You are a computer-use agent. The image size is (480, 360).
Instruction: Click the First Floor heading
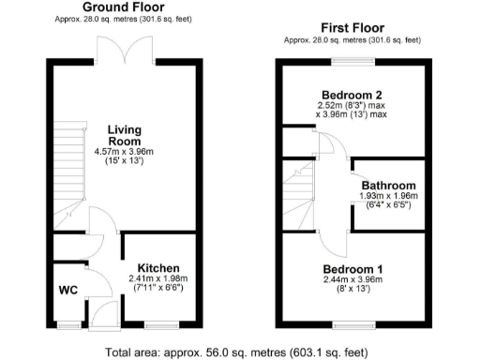(352, 28)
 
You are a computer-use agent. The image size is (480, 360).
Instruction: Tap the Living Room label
(124, 135)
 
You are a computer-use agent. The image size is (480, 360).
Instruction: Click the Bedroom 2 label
(353, 95)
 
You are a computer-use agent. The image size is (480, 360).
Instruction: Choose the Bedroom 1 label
(352, 268)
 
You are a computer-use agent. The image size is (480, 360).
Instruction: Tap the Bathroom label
(387, 185)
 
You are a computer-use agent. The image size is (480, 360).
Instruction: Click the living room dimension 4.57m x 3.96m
(124, 153)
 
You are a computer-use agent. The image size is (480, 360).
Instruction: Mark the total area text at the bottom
(239, 352)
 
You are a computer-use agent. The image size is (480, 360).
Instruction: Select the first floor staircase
(301, 191)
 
